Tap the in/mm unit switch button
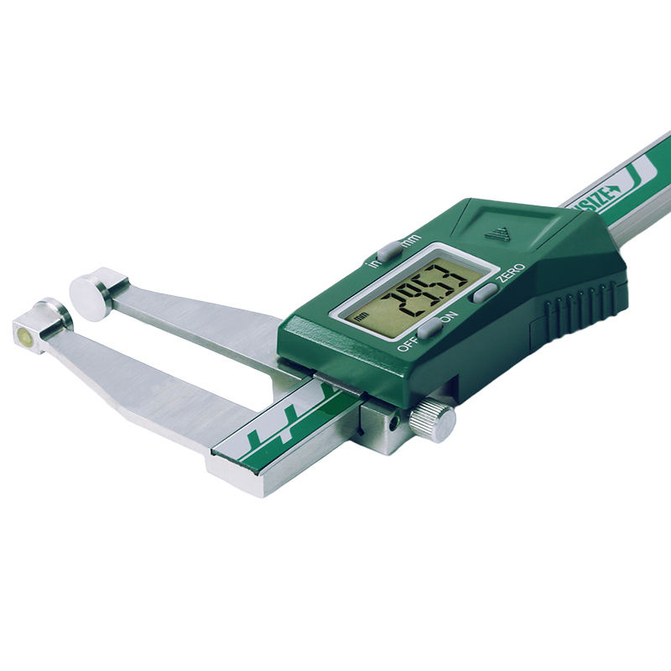click(389, 250)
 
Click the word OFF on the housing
click(408, 342)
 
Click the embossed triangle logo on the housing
click(501, 232)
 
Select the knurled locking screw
click(436, 419)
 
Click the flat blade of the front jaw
click(151, 386)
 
